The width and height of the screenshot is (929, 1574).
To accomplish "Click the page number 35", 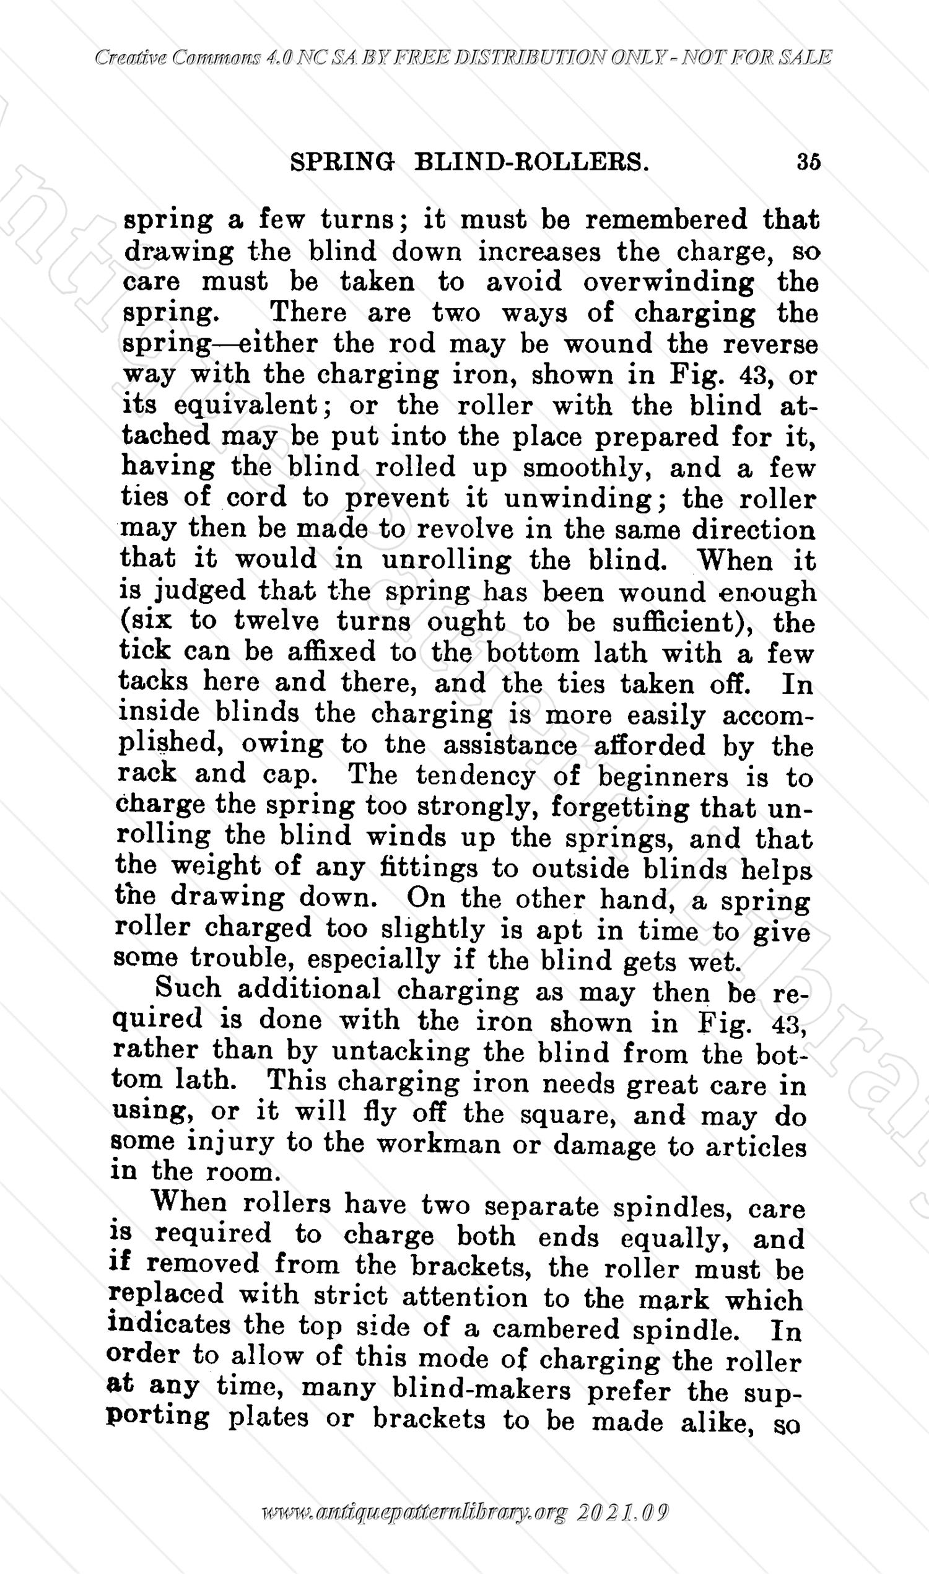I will click(x=808, y=162).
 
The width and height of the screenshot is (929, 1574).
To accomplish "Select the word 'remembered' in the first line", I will click(x=666, y=220).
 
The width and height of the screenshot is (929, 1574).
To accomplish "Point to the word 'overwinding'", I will click(x=669, y=283).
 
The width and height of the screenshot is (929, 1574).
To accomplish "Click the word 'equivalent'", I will click(x=245, y=406).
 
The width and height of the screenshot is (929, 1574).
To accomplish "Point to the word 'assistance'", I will click(x=510, y=746).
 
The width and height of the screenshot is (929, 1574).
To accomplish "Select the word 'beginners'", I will click(x=663, y=777).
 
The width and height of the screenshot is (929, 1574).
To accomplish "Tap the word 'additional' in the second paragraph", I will click(x=308, y=990).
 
